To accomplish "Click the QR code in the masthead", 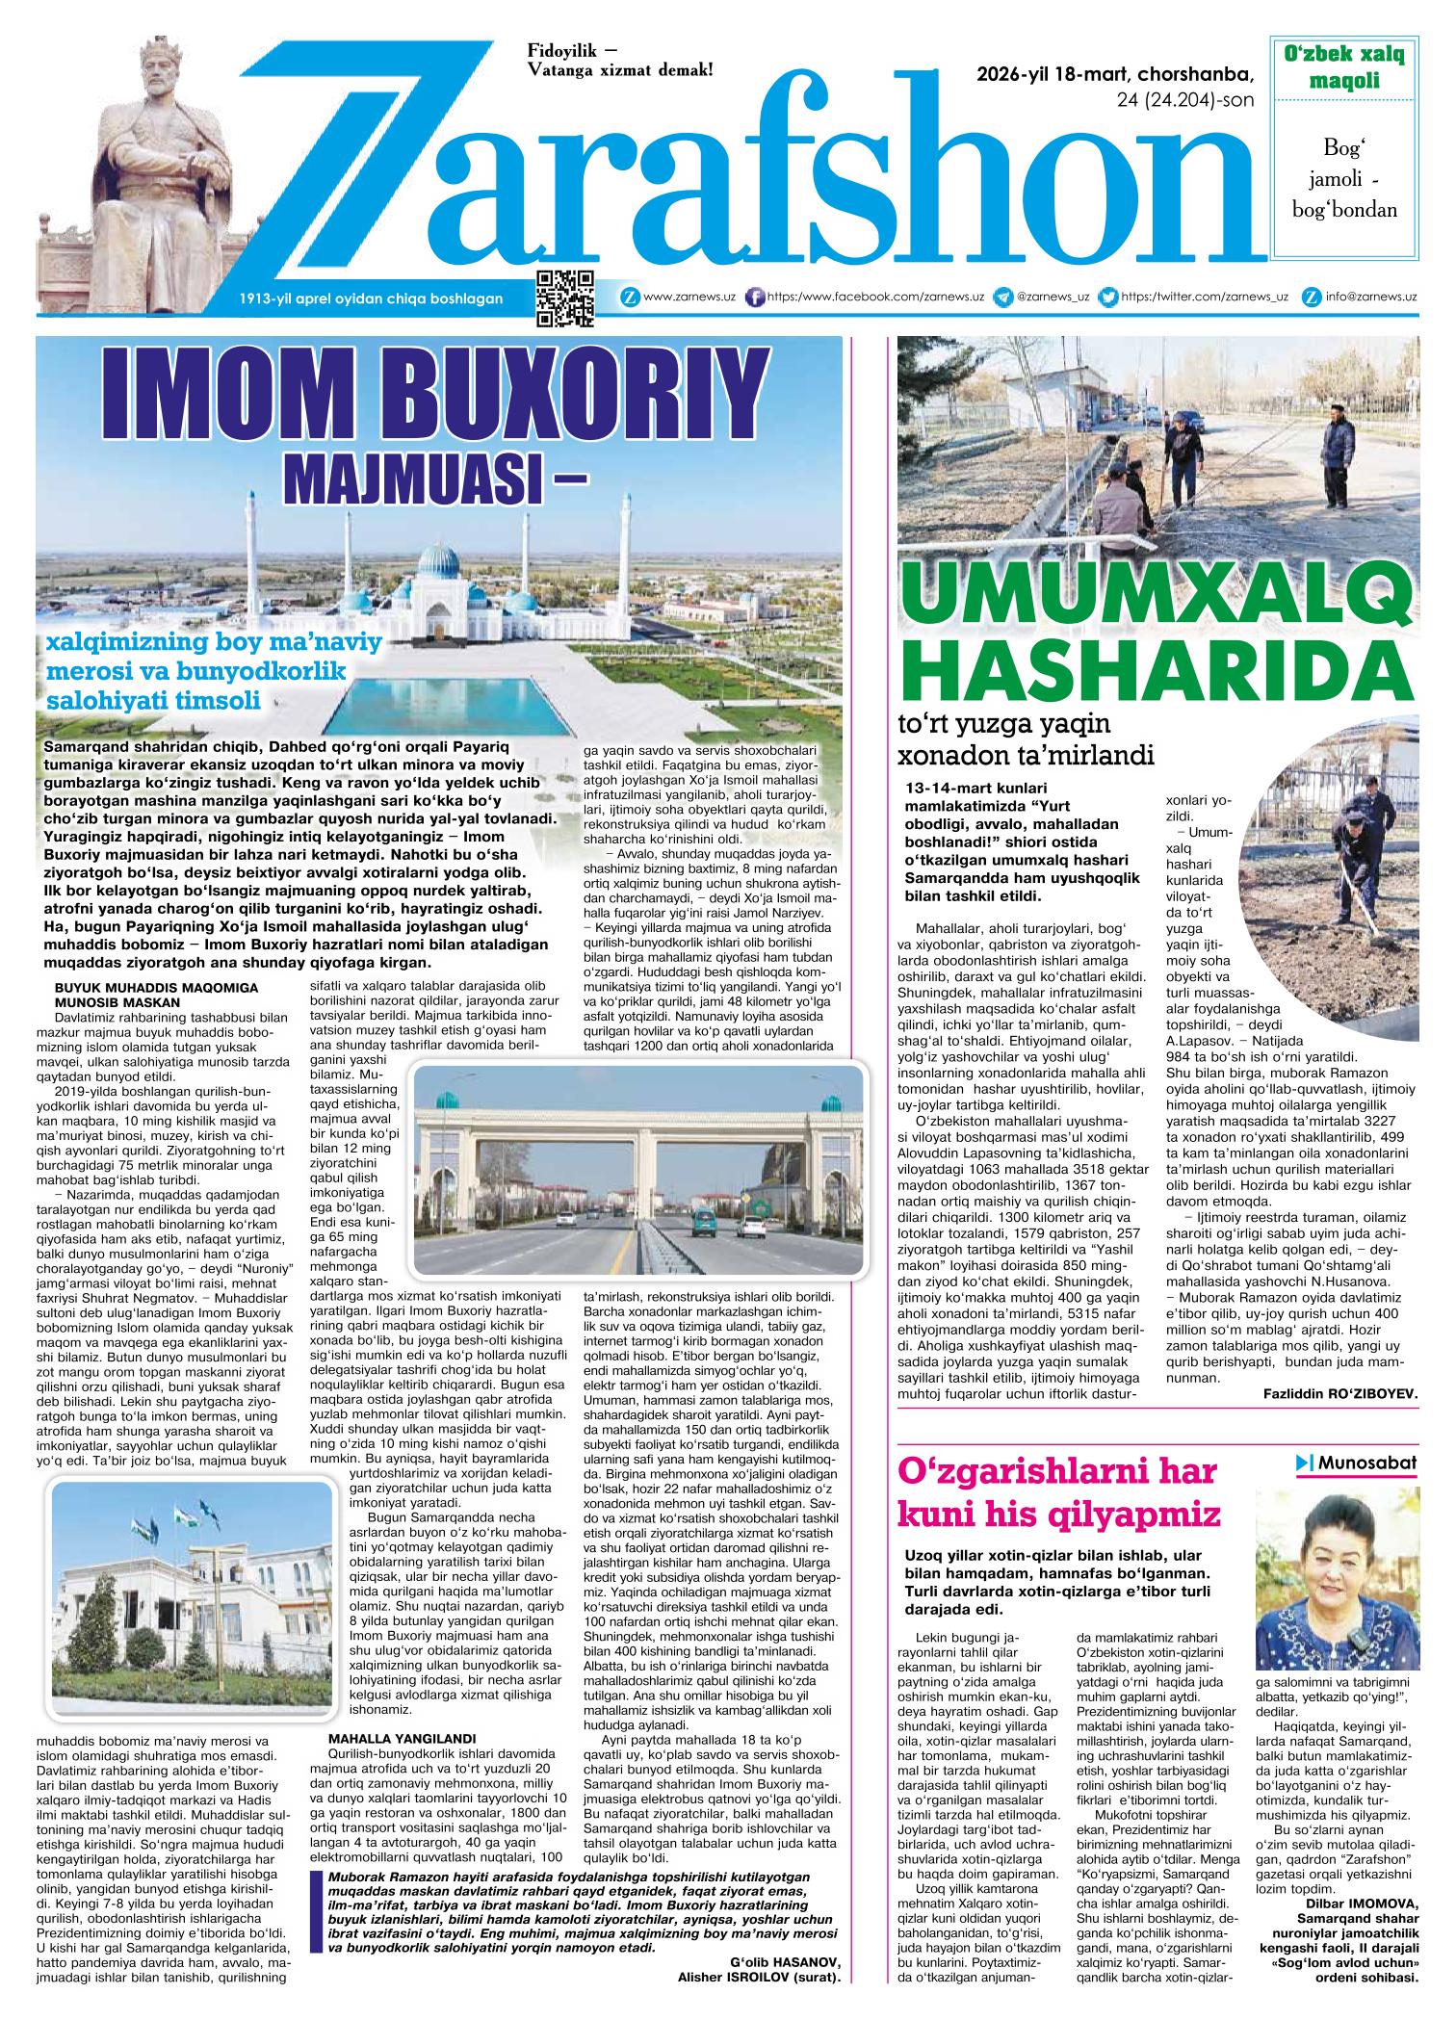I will coord(565,298).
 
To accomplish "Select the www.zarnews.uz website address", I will coord(689,298).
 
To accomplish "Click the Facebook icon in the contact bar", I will coord(756,298).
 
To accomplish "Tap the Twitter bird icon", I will coord(1108,298).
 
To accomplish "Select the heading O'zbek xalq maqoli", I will coord(1343,67).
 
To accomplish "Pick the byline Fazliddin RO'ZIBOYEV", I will coord(1339,1393).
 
